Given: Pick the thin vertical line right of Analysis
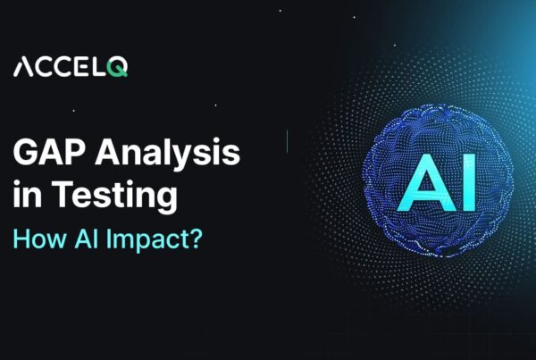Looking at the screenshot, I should (x=288, y=139).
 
